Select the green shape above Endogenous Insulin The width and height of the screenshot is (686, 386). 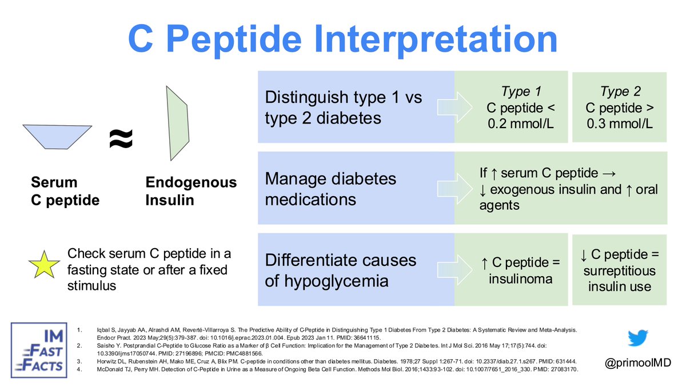pyautogui.click(x=177, y=123)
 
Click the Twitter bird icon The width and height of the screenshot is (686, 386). pyautogui.click(x=637, y=338)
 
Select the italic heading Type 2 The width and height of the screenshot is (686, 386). pyautogui.click(x=620, y=91)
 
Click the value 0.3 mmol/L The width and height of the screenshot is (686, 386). pyautogui.click(x=620, y=123)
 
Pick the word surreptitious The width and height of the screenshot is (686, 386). pyautogui.click(x=620, y=269)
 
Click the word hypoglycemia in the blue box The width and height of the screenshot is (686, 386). pyautogui.click(x=340, y=281)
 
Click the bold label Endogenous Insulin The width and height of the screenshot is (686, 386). pyautogui.click(x=190, y=191)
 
